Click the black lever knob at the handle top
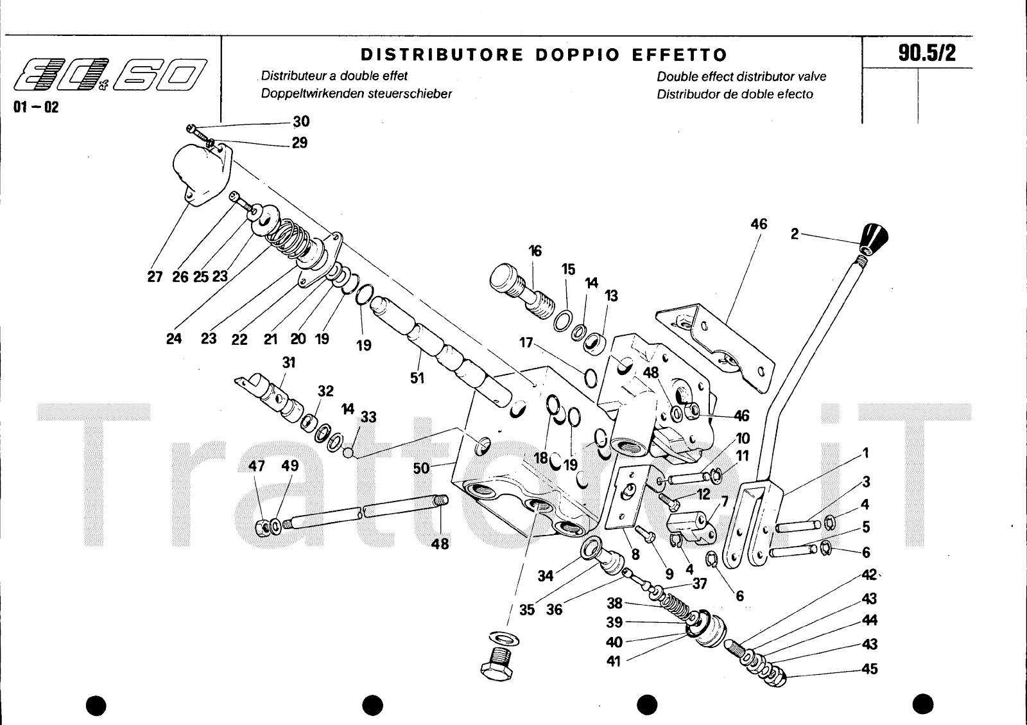[x=875, y=238]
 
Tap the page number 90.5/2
[x=927, y=53]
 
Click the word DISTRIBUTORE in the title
[x=442, y=55]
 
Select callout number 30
[x=301, y=121]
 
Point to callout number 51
[x=417, y=378]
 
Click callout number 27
[x=155, y=277]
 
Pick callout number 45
[x=869, y=669]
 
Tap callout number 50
[x=421, y=468]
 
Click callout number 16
[x=535, y=251]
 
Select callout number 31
[x=288, y=363]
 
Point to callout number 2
[x=795, y=234]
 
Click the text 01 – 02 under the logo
[x=36, y=108]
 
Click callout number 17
[x=526, y=342]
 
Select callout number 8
[x=635, y=554]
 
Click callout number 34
[x=546, y=576]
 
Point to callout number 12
[x=703, y=494]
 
